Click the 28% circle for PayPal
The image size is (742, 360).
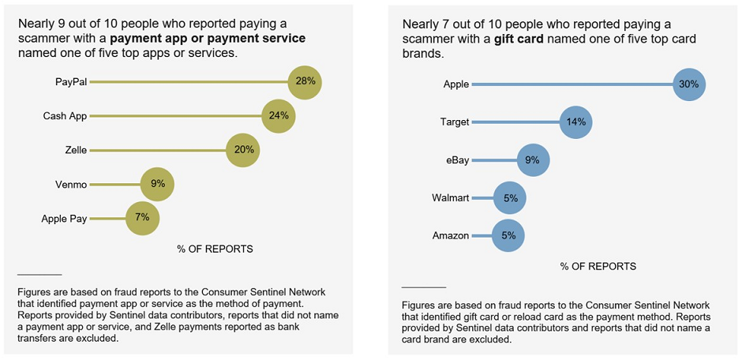305,81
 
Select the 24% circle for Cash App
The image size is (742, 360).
278,116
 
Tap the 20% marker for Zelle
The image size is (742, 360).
242,150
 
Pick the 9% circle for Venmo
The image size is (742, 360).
157,185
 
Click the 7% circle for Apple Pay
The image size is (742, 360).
142,219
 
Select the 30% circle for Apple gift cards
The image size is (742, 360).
688,84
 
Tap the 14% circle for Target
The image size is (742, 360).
575,122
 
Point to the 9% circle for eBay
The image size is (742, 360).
532,160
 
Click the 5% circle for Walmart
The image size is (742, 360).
510,198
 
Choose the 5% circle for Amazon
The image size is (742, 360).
508,235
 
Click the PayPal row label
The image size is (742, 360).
71,81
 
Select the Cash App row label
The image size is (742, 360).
65,116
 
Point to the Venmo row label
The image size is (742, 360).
71,185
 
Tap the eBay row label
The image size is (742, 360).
457,160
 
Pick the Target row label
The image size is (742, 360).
454,122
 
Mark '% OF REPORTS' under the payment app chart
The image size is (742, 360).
215,249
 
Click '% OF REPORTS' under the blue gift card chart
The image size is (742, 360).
598,267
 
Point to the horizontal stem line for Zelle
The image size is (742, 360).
158,150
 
